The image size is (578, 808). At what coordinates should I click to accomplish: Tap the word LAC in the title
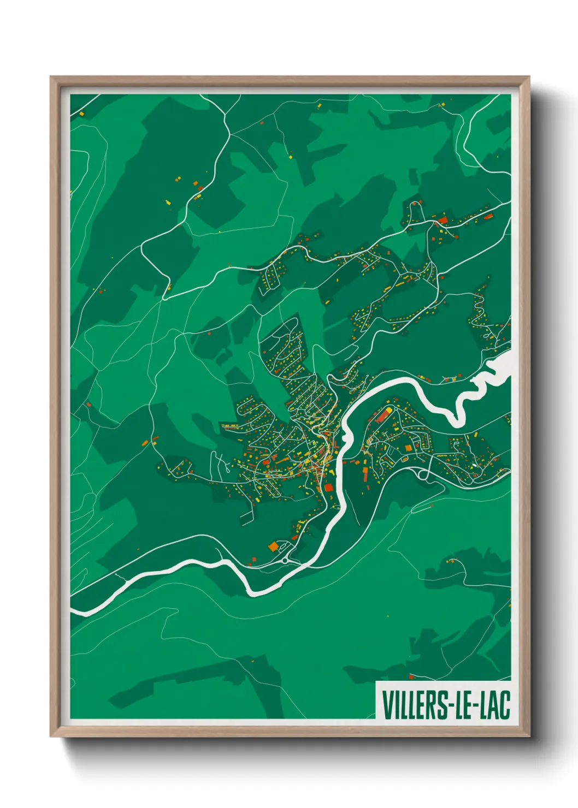pyautogui.click(x=494, y=705)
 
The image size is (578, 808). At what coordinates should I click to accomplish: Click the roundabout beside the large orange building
pyautogui.click(x=286, y=560)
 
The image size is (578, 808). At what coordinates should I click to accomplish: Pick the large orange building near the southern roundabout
pyautogui.click(x=273, y=545)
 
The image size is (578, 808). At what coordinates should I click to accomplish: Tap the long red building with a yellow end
pyautogui.click(x=382, y=415)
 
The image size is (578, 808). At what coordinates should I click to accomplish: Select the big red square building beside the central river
pyautogui.click(x=329, y=487)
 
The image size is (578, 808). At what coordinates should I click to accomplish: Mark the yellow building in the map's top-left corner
pyautogui.click(x=81, y=114)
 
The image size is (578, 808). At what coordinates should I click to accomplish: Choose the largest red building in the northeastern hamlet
pyautogui.click(x=443, y=220)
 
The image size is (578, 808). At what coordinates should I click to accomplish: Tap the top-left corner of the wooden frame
pyautogui.click(x=51, y=78)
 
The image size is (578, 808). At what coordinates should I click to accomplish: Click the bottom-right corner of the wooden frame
pyautogui.click(x=529, y=736)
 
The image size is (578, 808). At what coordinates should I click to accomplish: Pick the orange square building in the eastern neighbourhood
pyautogui.click(x=408, y=448)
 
